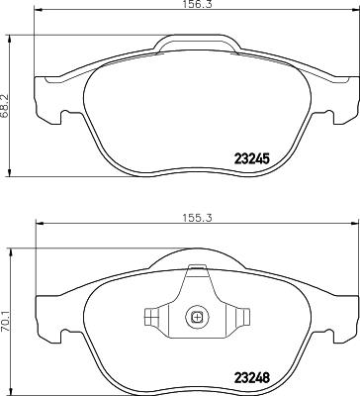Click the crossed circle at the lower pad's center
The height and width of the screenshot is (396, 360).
click(x=196, y=318)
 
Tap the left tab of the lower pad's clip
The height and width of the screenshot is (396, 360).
click(x=151, y=318)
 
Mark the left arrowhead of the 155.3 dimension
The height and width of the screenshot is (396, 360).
click(x=39, y=225)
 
